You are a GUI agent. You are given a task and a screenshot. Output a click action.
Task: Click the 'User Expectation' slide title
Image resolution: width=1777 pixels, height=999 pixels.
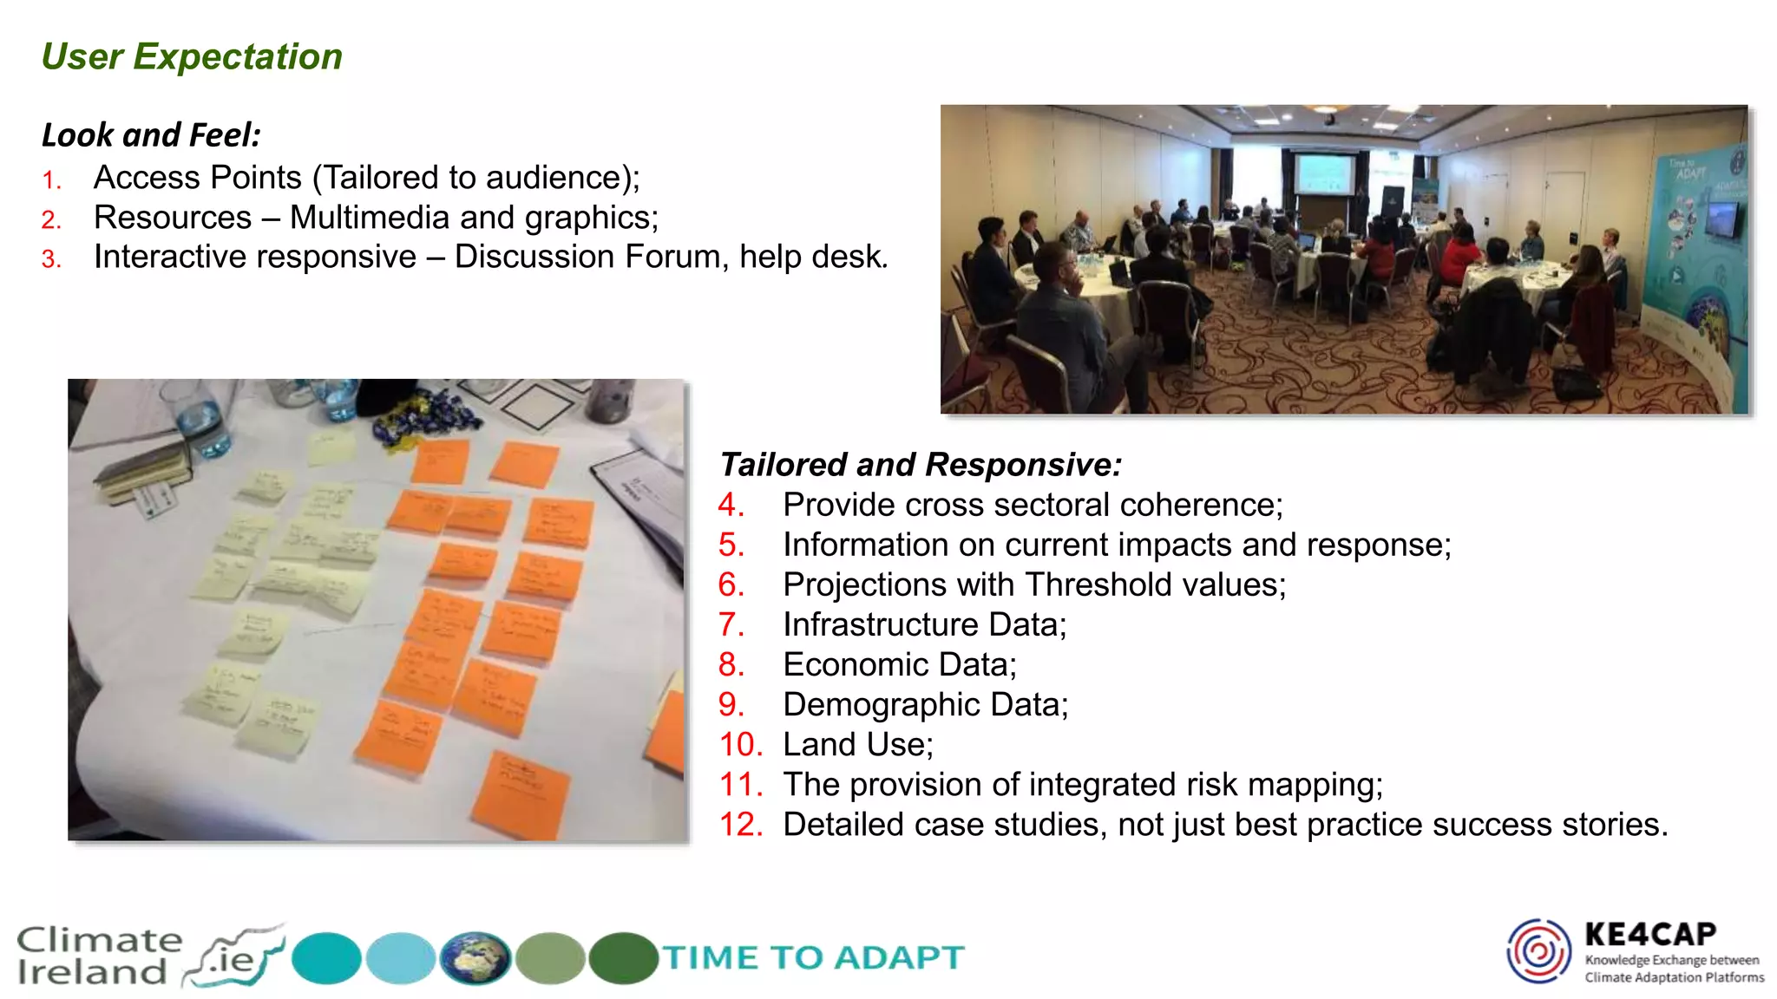(192, 57)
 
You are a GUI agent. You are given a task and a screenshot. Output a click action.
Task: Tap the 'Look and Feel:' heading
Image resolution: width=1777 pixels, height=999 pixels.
(151, 135)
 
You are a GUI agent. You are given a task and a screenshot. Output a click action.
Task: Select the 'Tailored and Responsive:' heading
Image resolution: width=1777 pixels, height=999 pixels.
(921, 465)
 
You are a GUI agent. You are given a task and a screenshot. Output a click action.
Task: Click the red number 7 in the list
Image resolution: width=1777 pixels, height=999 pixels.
(731, 624)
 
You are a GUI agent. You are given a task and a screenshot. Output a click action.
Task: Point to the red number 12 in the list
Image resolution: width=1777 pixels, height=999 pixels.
(740, 824)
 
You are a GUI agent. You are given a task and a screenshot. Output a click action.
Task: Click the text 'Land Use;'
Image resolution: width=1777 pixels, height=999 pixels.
(857, 744)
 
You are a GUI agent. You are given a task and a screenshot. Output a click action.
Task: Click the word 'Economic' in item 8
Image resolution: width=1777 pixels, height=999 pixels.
(856, 664)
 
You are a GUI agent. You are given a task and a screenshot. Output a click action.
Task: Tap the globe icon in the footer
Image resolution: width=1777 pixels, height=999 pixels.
(475, 958)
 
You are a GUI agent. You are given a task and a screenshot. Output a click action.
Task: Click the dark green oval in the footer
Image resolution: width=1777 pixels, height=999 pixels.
(623, 958)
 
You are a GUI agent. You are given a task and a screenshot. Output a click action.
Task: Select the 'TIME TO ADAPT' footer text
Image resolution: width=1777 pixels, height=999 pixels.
(814, 957)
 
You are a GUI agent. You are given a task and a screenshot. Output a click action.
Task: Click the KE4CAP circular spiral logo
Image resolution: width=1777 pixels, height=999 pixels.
(1538, 951)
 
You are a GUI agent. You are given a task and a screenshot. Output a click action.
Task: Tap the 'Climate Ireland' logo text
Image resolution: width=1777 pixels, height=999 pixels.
(97, 956)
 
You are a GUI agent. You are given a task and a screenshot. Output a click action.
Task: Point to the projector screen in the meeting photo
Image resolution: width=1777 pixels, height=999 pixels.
(1323, 174)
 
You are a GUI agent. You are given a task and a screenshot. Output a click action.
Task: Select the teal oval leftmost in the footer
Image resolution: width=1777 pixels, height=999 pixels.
(326, 958)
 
